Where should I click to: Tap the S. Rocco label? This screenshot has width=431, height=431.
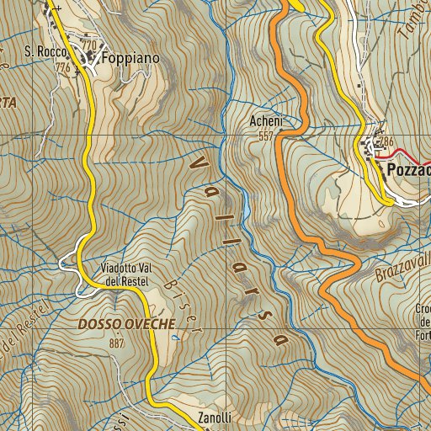(x=40, y=52)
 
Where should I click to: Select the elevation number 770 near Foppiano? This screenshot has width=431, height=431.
(x=88, y=45)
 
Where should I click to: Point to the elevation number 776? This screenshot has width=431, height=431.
(x=62, y=67)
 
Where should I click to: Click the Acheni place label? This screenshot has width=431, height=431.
(x=265, y=122)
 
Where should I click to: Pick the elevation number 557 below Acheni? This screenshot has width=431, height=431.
(x=266, y=136)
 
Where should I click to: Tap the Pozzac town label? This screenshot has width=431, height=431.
(x=409, y=170)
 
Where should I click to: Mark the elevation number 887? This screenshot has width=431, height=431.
(x=116, y=343)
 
